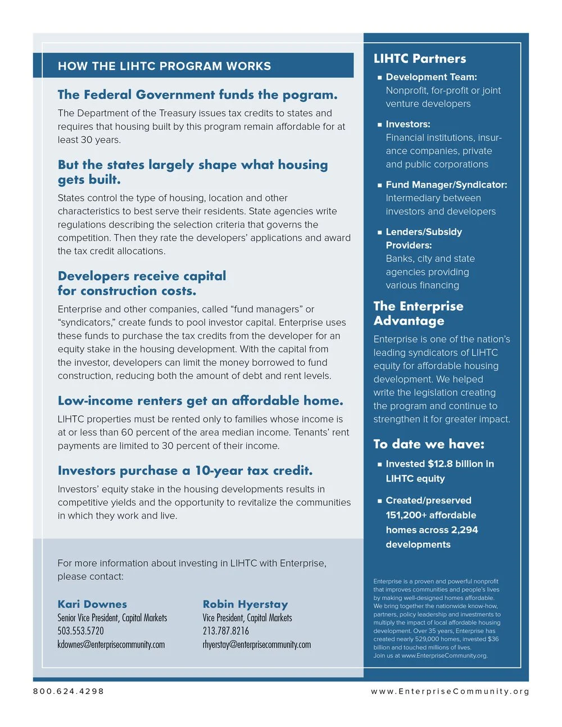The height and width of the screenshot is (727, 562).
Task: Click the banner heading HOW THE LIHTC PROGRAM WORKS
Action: click(x=164, y=66)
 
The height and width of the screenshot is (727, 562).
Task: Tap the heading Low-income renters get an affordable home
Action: click(x=200, y=401)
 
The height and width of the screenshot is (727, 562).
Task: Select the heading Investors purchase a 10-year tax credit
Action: click(x=185, y=471)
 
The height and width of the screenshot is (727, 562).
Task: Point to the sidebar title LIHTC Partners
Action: click(x=420, y=58)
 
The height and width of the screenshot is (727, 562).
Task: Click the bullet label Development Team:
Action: click(x=431, y=77)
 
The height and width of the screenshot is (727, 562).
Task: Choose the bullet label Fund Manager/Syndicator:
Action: click(x=446, y=185)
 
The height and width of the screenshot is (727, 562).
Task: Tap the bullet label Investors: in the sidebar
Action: click(x=408, y=124)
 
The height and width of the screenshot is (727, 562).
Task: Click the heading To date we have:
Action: click(x=429, y=444)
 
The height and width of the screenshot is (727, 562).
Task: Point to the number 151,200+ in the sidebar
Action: click(x=406, y=515)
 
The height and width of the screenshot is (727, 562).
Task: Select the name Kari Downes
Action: click(x=92, y=605)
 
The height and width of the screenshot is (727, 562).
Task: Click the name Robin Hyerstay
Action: click(x=245, y=605)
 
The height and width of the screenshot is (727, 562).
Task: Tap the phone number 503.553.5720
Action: click(x=80, y=631)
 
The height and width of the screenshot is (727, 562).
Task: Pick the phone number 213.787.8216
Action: click(x=226, y=631)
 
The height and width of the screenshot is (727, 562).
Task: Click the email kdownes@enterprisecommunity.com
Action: click(x=111, y=644)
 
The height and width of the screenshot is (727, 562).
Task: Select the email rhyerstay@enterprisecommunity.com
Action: click(x=257, y=644)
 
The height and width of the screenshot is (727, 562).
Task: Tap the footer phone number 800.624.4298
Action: click(x=69, y=692)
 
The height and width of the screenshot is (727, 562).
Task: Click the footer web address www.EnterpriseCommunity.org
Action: click(x=450, y=692)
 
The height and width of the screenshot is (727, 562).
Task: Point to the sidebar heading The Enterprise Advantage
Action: click(x=418, y=313)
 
